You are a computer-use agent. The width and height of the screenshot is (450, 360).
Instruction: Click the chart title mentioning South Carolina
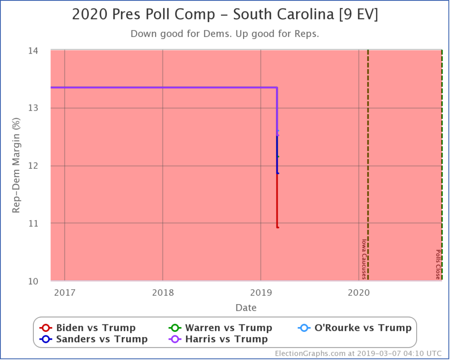[225, 15]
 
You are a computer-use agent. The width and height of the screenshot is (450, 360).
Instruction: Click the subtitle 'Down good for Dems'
[225, 34]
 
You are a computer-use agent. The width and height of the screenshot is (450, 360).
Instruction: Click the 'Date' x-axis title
[246, 307]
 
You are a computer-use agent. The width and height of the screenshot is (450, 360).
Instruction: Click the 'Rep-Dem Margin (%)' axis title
[16, 165]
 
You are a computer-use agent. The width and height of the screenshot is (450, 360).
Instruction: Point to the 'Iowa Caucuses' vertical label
[363, 259]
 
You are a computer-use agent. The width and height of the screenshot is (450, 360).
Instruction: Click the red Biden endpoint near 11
[277, 227]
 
